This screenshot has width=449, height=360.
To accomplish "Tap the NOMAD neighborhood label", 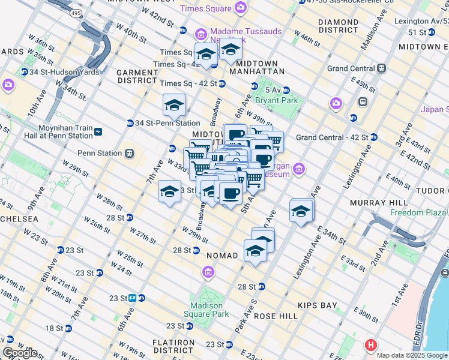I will [x=222, y=256].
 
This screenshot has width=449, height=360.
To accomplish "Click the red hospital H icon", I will [x=371, y=346].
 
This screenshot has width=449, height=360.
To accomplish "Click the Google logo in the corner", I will [x=20, y=353].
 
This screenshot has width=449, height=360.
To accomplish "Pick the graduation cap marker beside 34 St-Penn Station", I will [x=174, y=105].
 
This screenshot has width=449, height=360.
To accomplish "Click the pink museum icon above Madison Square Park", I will [x=208, y=274].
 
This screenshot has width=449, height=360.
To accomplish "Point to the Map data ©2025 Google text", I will [x=412, y=355].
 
